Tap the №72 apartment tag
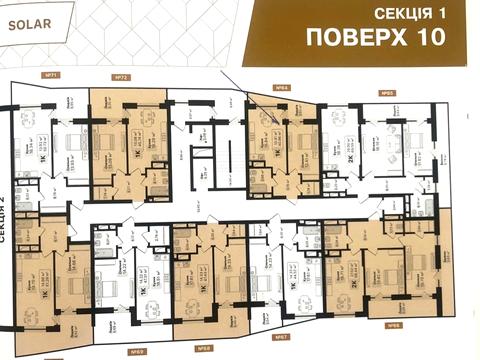(121, 77)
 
